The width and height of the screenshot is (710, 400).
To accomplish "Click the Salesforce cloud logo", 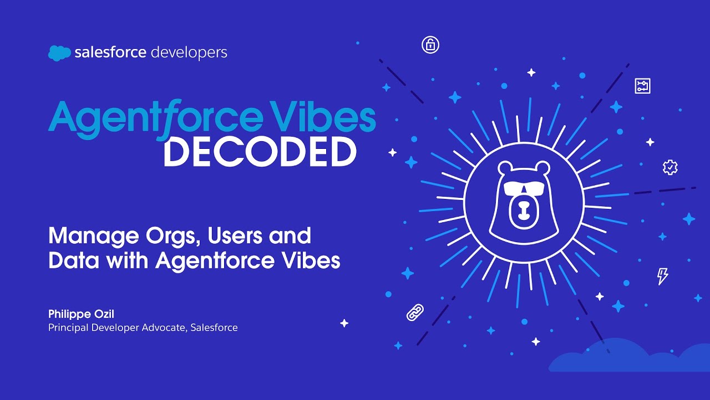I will coord(59,53).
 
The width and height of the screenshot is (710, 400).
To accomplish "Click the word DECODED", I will coord(260,152).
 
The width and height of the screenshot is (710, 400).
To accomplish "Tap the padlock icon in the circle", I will coord(430,45).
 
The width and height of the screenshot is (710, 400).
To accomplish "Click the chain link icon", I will coord(415,313).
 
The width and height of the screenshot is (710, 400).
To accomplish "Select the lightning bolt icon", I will coord(662,276).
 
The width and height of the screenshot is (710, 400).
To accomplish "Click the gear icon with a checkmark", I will coord(670,167).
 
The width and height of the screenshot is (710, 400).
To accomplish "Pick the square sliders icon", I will coord(642,86).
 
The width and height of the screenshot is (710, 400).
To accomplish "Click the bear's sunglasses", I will coord(524,188).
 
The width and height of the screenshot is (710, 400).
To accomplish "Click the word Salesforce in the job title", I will coord(214,328).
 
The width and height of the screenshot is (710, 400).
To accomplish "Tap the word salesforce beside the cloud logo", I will coord(110,53).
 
